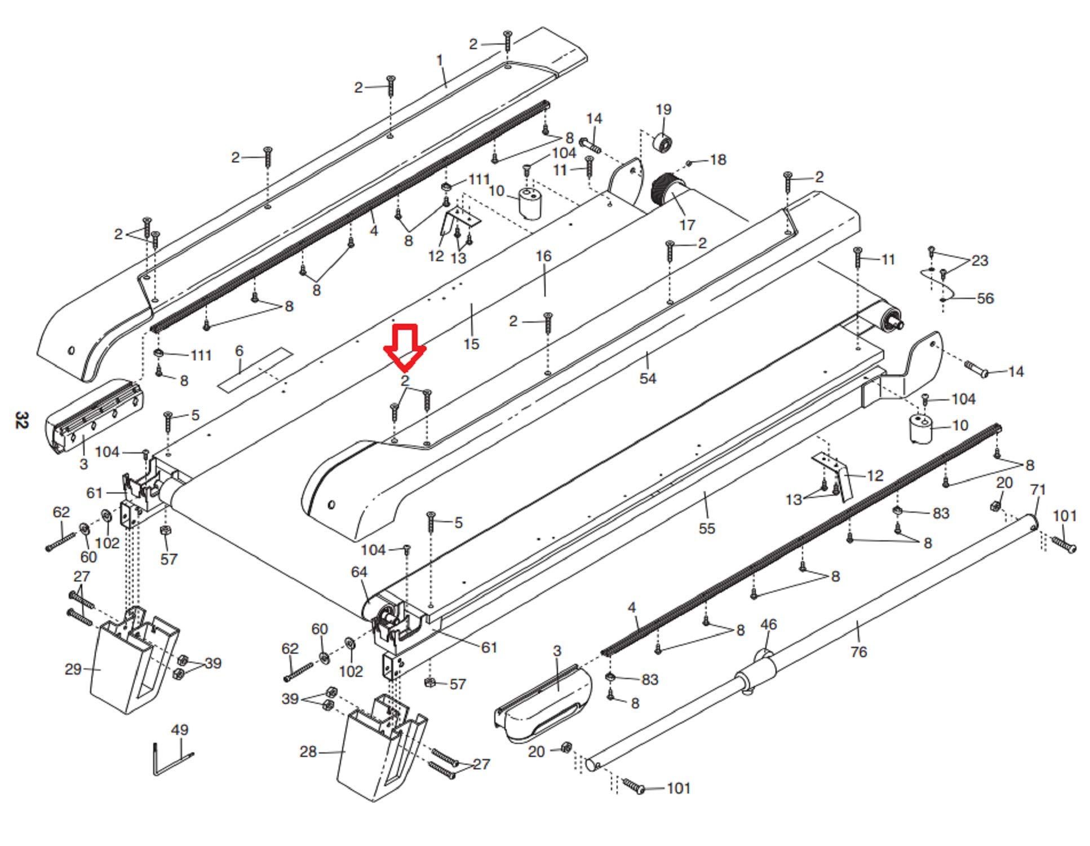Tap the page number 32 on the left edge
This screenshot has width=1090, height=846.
point(21,420)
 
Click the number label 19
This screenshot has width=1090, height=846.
point(663,109)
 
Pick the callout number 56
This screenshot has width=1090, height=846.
point(985,298)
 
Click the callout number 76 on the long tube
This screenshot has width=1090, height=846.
point(858,652)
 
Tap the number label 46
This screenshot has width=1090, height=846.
point(768,624)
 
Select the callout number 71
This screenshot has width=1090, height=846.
point(1038,490)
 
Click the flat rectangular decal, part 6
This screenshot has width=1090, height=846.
point(255,370)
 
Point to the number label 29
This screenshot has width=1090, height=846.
point(73,669)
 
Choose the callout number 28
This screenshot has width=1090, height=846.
point(308,752)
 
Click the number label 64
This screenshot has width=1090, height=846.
point(359,572)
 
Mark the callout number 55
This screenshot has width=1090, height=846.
point(706,528)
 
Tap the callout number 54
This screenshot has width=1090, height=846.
point(648,378)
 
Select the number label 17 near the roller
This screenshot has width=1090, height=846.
point(686,225)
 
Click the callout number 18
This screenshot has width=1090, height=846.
point(717,160)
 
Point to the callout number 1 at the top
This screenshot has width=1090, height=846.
point(440,60)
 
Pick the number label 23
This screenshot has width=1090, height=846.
point(980,261)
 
